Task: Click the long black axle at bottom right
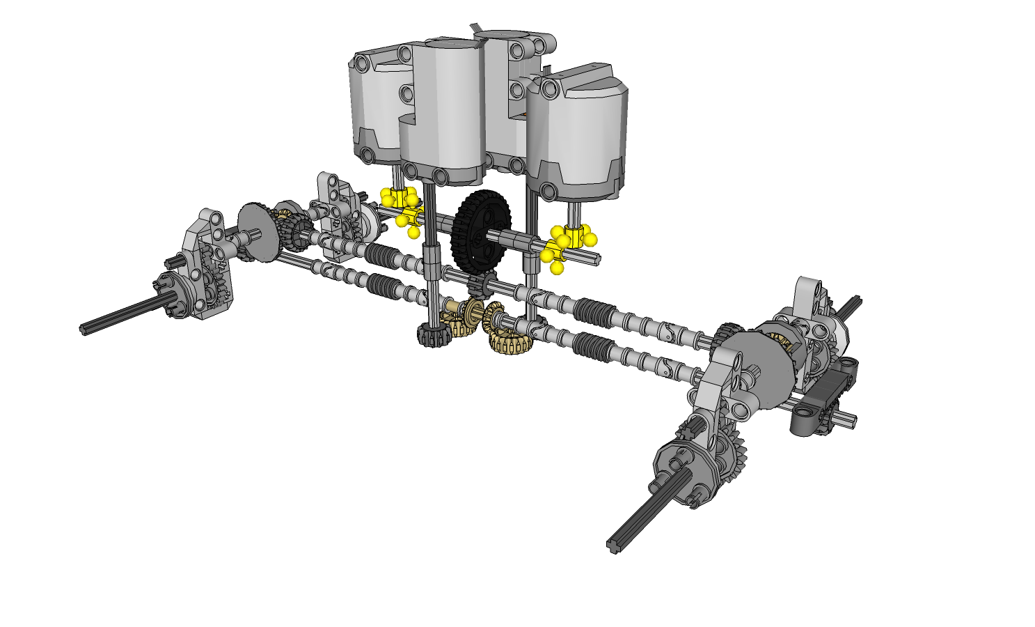[647, 512]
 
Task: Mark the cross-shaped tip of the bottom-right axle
[614, 545]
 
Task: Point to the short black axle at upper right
[851, 306]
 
